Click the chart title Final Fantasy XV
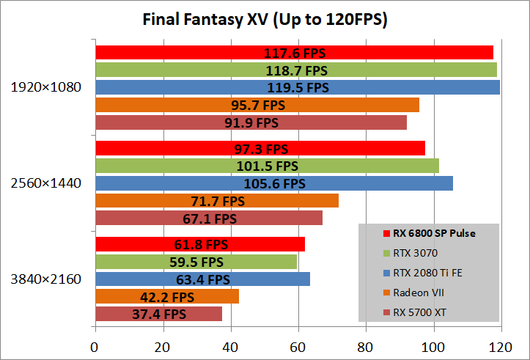click(265, 19)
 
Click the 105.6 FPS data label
click(273, 184)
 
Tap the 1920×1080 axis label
click(45, 87)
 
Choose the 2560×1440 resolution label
click(45, 183)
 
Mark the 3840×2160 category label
click(45, 279)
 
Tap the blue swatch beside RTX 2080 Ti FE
click(386, 273)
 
